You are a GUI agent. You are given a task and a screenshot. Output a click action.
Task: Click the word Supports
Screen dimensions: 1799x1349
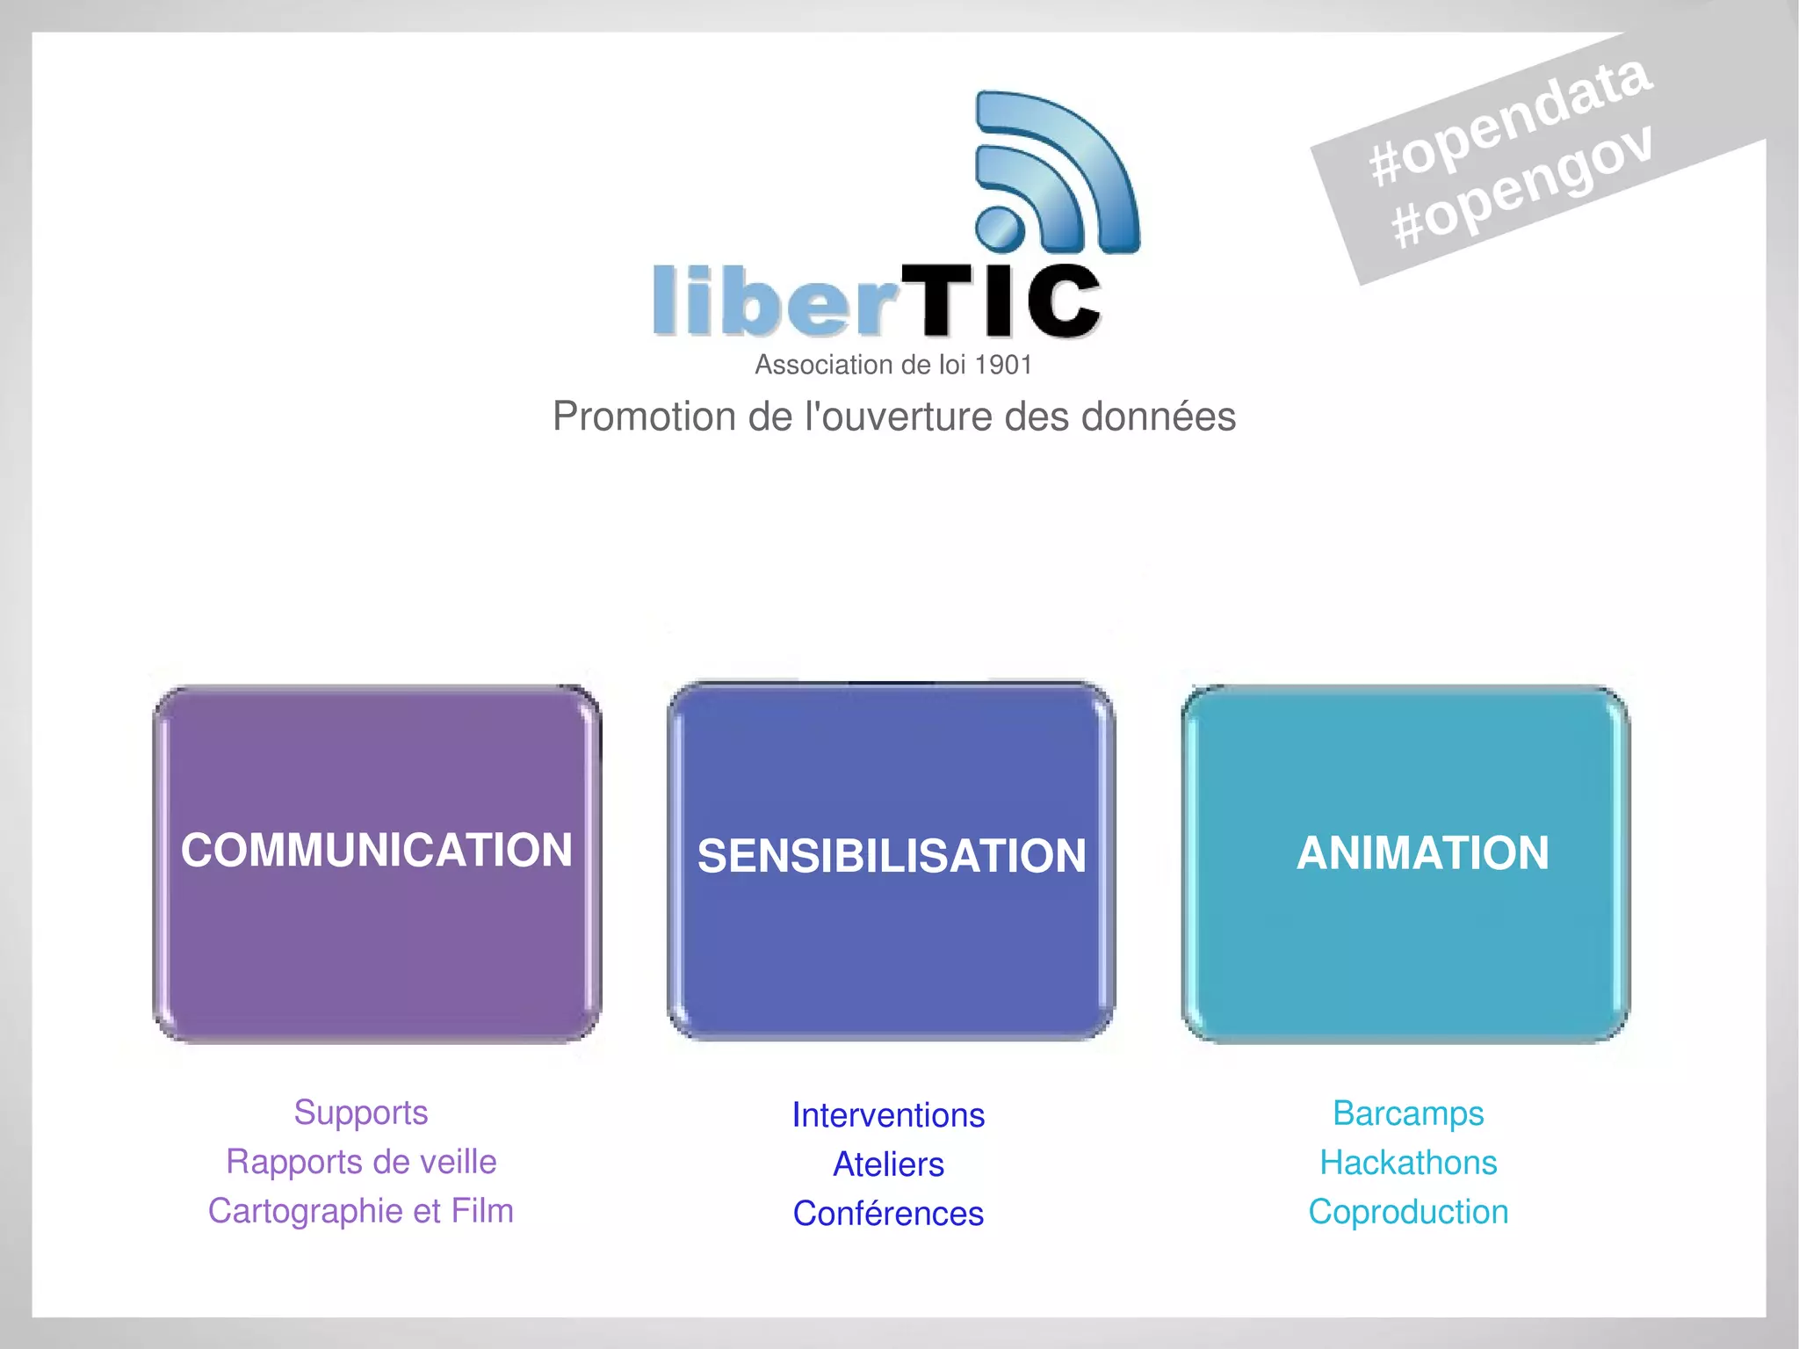point(361,1113)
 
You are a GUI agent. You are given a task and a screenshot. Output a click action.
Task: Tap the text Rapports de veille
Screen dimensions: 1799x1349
point(361,1162)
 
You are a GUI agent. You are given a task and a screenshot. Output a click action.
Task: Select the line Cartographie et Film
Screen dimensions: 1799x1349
point(361,1211)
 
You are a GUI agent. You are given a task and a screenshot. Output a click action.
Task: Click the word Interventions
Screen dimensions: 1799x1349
point(888,1115)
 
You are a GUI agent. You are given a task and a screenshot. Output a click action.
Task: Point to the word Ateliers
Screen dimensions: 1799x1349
point(888,1164)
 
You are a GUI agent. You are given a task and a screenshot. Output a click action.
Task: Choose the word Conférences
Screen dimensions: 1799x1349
point(888,1214)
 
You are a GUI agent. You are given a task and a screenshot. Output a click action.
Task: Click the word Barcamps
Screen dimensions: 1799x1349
point(1408,1113)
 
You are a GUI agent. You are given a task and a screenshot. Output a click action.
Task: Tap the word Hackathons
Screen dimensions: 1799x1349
point(1408,1163)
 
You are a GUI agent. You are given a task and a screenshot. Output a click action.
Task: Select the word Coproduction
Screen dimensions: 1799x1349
point(1408,1212)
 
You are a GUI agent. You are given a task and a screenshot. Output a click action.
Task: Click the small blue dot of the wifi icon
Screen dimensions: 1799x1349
point(1000,228)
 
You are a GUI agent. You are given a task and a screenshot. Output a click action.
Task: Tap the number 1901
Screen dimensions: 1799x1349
point(1003,365)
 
